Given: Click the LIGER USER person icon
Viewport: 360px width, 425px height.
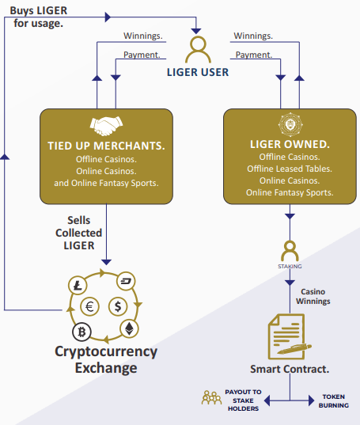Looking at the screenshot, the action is pyautogui.click(x=198, y=50).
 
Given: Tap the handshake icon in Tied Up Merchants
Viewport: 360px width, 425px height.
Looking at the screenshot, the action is pyautogui.click(x=106, y=126).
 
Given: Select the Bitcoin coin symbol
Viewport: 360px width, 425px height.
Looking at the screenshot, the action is pyautogui.click(x=81, y=332).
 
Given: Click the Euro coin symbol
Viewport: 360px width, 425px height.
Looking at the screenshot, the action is pyautogui.click(x=89, y=306).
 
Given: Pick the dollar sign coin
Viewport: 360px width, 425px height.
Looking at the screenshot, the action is pyautogui.click(x=118, y=306).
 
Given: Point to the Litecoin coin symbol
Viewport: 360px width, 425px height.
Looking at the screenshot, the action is pyautogui.click(x=78, y=286).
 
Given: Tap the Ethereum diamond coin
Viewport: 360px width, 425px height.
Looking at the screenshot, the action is pyautogui.click(x=129, y=328).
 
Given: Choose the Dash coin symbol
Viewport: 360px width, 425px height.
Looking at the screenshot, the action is pyautogui.click(x=126, y=281).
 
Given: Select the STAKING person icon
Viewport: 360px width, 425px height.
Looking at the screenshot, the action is pyautogui.click(x=290, y=251).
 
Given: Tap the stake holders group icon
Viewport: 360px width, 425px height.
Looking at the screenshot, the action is pyautogui.click(x=211, y=397).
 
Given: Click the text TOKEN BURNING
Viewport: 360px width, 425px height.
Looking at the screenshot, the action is pyautogui.click(x=333, y=401).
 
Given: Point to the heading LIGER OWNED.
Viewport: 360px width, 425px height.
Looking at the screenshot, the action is pyautogui.click(x=290, y=144).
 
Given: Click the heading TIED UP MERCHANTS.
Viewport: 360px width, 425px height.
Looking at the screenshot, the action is pyautogui.click(x=106, y=146).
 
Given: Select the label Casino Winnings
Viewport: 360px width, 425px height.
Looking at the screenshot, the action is pyautogui.click(x=313, y=296).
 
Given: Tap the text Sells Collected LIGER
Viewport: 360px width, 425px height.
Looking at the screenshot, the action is pyautogui.click(x=78, y=233).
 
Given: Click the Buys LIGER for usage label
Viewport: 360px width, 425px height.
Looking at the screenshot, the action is pyautogui.click(x=39, y=17).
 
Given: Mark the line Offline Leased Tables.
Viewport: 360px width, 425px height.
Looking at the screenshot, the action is pyautogui.click(x=290, y=169).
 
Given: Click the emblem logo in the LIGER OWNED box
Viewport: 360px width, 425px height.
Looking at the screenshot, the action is pyautogui.click(x=290, y=124).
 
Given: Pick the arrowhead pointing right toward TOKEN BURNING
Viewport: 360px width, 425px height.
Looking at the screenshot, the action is pyautogui.click(x=311, y=400).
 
